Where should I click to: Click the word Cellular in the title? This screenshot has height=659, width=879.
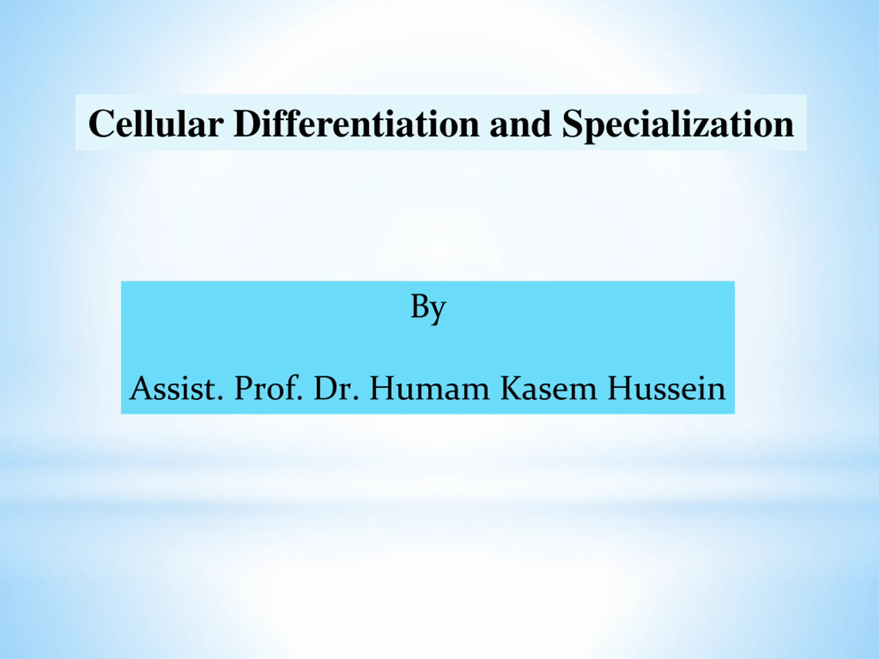[x=156, y=124]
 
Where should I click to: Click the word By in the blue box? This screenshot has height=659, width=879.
[x=428, y=309]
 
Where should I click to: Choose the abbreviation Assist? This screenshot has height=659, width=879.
[x=176, y=388]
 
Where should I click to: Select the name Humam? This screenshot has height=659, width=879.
[x=430, y=388]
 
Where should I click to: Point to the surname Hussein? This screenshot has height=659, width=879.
[x=666, y=388]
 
